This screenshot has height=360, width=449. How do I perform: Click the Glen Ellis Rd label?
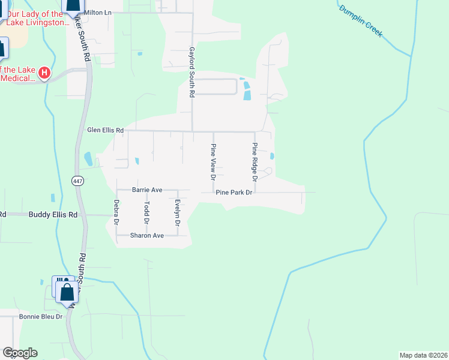(105, 130)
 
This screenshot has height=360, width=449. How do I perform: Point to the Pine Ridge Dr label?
(255, 162)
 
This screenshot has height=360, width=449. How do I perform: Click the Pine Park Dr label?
(235, 193)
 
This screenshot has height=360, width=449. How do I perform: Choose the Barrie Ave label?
(147, 190)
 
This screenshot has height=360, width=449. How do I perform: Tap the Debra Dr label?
(116, 212)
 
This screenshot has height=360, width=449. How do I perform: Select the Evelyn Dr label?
(177, 212)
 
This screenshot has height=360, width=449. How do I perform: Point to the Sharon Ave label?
(147, 236)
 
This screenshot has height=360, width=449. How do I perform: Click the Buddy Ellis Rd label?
(53, 214)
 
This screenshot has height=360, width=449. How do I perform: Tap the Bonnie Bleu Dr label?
(41, 316)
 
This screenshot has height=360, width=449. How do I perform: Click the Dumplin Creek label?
(360, 21)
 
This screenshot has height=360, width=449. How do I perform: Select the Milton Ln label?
(98, 12)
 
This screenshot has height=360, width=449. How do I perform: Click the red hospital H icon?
(44, 73)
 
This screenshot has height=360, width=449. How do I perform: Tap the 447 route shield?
(77, 181)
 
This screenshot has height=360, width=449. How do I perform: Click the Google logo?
(19, 353)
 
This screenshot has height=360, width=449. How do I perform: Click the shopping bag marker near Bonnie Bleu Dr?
(67, 292)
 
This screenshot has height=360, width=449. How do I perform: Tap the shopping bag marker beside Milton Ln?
(73, 5)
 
